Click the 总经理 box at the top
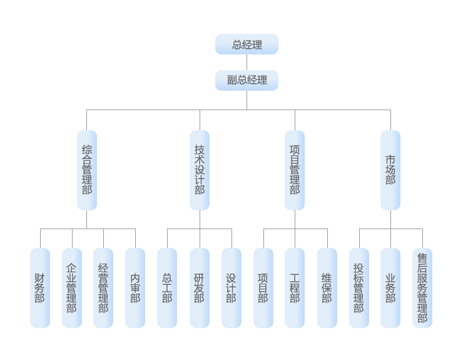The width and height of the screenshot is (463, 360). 247,44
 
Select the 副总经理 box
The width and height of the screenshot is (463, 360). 247,80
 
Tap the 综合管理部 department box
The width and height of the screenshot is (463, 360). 87,170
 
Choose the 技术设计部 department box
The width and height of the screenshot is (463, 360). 200,170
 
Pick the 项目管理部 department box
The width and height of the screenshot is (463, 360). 295,170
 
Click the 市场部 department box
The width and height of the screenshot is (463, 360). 390,170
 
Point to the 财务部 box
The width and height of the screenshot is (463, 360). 40,287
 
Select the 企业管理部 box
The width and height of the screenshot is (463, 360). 72,287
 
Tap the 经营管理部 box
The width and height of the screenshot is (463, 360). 103,287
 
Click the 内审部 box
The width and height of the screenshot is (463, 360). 135,287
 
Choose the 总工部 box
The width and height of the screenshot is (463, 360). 167,287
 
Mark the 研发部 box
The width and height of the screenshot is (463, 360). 200,287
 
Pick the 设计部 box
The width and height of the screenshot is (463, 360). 232,287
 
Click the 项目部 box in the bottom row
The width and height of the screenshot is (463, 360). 263,287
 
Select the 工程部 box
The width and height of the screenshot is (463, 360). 295,287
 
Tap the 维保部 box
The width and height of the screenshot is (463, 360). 327,287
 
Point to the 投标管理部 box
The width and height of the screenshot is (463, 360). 359,287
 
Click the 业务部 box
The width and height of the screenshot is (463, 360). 390,287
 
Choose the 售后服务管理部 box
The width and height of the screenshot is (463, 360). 422,287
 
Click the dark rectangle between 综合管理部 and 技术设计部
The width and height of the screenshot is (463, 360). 143,170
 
